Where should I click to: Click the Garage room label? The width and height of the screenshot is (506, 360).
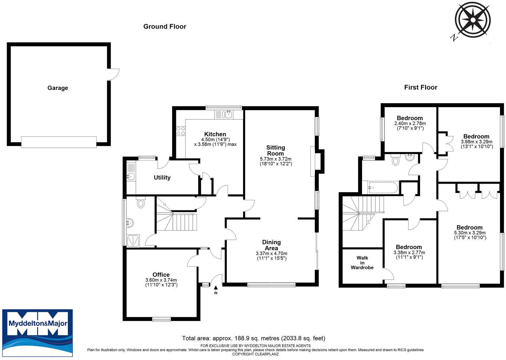point(58,88)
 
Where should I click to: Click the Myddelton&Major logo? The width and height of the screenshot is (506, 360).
point(38,333)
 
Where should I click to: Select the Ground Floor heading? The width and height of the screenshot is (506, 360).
point(165,26)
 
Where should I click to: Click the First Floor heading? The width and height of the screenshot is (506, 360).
point(421,87)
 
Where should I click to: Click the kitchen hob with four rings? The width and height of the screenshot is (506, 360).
point(181,131)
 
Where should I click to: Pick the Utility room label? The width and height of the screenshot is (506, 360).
point(162,178)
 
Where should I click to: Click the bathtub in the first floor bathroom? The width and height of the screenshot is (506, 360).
point(383,188)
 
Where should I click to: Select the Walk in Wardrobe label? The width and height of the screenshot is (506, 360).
point(362,263)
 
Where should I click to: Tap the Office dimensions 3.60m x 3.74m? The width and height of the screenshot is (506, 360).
point(161,280)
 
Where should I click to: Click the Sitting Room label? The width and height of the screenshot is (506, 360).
point(276,150)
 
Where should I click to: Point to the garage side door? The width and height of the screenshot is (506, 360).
point(113,74)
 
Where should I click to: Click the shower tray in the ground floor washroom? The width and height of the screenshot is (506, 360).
point(133,241)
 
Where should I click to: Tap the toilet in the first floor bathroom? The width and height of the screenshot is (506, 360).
point(395,160)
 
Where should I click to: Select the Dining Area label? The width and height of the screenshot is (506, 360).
point(271,245)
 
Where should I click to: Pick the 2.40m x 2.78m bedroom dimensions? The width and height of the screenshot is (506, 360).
point(410,123)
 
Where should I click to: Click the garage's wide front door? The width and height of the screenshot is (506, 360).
point(59,142)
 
